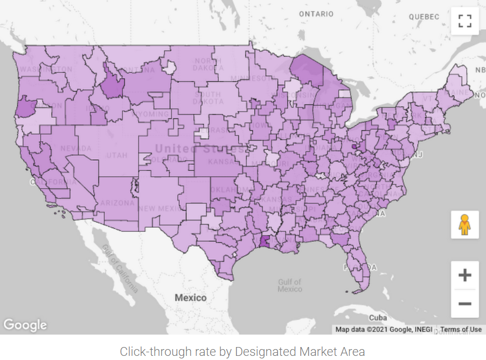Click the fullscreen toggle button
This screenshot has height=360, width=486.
point(465,21)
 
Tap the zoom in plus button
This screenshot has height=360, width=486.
point(465,274)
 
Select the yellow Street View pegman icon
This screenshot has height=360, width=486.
point(465,225)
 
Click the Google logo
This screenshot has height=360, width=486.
point(25,325)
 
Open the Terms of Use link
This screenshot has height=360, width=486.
point(461,329)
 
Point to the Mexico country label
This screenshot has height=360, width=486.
point(190,298)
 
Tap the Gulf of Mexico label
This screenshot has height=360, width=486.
point(289,285)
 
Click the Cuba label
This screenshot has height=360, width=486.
point(378,317)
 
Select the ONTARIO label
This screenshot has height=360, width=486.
point(316,14)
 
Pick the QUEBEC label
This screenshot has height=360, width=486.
point(423,17)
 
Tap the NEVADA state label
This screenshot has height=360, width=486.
point(75,148)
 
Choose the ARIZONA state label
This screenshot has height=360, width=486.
point(117,203)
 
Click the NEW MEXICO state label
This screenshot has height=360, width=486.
point(161,209)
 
